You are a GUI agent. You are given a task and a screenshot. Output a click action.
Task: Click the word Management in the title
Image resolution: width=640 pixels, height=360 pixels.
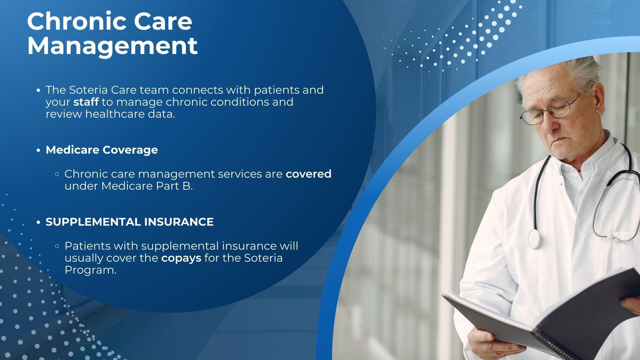click(113, 46)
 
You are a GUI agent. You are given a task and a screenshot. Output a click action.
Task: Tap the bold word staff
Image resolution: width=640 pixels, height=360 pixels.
click(86, 102)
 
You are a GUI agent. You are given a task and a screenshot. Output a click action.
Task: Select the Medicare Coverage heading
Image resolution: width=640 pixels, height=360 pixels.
click(102, 150)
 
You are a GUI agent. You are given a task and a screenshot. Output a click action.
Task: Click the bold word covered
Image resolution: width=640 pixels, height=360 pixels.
click(309, 174)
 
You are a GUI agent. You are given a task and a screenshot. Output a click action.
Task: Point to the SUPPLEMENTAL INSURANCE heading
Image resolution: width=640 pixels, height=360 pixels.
click(130, 222)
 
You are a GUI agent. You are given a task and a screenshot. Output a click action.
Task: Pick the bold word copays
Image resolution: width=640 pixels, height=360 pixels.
click(181, 258)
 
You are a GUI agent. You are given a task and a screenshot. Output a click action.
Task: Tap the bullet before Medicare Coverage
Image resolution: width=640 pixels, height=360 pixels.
click(38, 150)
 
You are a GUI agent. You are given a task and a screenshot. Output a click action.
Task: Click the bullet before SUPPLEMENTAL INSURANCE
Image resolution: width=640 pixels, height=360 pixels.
click(38, 222)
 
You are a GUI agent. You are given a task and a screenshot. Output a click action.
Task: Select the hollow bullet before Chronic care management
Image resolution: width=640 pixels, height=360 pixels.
click(57, 174)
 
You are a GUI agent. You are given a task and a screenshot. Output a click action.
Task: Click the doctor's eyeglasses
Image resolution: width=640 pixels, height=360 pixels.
click(550, 108)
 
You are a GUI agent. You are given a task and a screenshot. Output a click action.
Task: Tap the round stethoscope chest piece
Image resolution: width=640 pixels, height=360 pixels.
click(534, 239)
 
